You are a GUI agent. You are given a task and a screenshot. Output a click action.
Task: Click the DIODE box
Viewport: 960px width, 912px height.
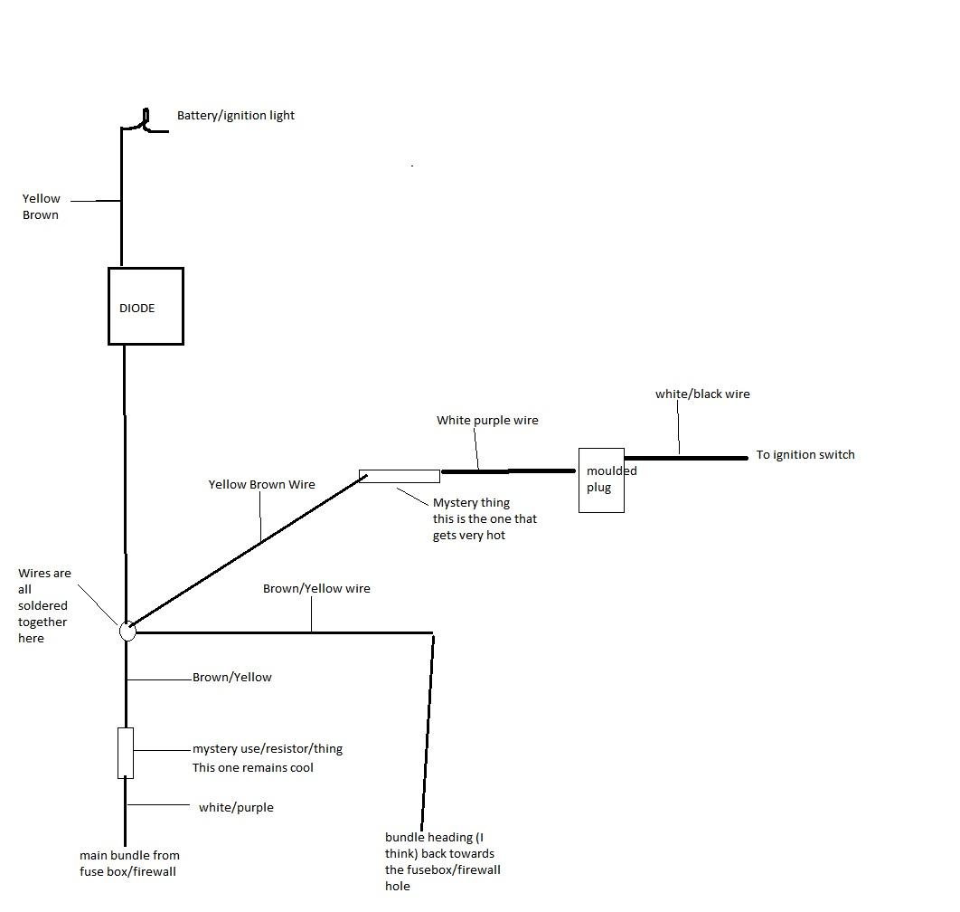[x=146, y=306]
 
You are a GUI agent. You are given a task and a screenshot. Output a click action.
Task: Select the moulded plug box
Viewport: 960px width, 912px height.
[x=601, y=480]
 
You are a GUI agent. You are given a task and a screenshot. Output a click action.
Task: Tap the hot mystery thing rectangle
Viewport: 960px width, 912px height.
[x=400, y=476]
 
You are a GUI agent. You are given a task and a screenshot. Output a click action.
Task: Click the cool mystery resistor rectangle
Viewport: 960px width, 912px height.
[x=126, y=753]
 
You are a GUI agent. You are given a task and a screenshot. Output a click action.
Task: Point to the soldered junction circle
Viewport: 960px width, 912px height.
[x=127, y=631]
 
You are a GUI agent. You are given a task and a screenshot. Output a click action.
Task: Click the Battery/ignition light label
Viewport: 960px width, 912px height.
[x=235, y=116]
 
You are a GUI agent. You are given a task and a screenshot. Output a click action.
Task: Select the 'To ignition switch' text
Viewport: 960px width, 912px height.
[x=805, y=454]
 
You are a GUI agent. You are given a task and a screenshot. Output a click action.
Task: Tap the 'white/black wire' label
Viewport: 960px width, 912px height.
[x=702, y=394]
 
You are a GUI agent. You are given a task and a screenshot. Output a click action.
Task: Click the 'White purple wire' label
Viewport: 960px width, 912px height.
[x=487, y=421]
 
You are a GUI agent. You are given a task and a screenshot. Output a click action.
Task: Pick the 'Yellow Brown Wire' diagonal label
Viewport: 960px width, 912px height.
[x=261, y=485]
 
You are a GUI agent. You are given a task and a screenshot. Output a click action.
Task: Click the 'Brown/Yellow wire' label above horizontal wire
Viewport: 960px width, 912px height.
[x=316, y=589]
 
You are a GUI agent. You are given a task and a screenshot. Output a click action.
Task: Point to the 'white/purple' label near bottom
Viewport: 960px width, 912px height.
[x=235, y=808]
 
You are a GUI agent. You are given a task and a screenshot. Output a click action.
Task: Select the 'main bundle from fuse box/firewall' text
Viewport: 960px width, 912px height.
[x=129, y=863]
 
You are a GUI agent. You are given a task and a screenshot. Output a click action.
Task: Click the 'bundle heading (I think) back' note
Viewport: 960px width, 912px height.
[x=442, y=861]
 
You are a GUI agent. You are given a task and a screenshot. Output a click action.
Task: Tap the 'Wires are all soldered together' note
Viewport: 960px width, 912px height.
[x=43, y=605]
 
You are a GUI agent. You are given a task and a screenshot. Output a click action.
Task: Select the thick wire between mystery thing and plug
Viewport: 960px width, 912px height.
[x=508, y=470]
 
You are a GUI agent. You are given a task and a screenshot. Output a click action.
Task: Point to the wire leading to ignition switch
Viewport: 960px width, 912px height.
[x=685, y=458]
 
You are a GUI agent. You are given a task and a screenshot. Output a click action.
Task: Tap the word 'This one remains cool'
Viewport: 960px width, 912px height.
[x=252, y=768]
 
